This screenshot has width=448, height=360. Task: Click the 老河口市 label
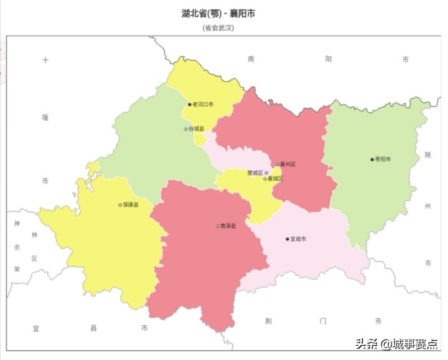pos(203,104)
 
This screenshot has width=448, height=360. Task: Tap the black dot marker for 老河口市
pos(190,104)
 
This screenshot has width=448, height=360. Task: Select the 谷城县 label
pos(196,129)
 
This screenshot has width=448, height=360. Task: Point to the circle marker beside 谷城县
pos(185,129)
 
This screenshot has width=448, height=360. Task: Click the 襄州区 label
pos(287,164)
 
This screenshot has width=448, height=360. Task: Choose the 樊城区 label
pos(255,173)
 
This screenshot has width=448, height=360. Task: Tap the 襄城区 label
pos(275,179)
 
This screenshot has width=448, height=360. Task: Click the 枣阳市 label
pos(383,159)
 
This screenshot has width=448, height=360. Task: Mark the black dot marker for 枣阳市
pos(372,159)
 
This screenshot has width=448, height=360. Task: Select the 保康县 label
pos(131,204)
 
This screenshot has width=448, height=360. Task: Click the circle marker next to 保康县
pos(120,204)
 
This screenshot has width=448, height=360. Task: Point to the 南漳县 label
pos(228,225)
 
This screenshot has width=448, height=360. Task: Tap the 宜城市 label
pos(298,239)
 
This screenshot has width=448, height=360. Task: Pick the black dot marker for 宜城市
pos(287,239)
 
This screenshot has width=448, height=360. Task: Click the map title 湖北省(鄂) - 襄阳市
pos(218,13)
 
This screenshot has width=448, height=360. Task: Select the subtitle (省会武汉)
pos(218,27)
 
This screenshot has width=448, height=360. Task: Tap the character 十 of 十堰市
pos(45,60)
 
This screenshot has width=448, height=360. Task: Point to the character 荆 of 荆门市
pos(268,321)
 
